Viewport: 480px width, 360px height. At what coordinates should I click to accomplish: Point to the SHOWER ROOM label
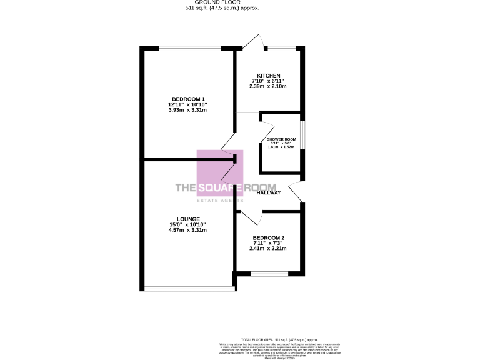point(281,139)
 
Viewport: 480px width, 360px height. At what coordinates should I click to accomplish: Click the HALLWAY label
point(269,192)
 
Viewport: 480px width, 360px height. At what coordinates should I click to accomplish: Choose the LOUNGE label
point(187,219)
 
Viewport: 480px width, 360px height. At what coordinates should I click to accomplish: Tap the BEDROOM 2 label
point(269,238)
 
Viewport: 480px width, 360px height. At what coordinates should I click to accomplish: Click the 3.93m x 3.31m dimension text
point(187,110)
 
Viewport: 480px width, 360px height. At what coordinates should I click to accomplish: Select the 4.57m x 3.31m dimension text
point(187,230)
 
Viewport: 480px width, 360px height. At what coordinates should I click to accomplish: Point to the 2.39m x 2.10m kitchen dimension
point(268,86)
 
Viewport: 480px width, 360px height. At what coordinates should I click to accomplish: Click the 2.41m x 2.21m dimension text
point(269,249)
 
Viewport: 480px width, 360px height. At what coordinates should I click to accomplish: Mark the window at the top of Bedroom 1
point(190,48)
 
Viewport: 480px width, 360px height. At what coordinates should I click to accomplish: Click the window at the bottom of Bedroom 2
point(269,273)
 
